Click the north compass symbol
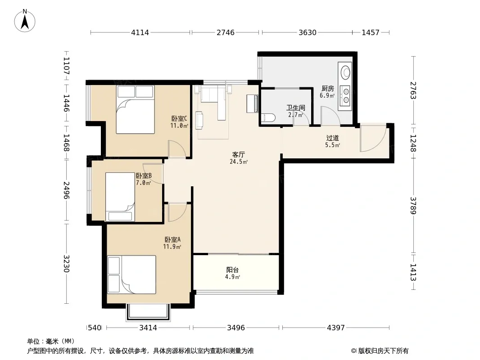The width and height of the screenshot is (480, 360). coord(25,21)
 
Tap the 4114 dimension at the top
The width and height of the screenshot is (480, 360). coord(140,32)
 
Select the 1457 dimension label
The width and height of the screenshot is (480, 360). coord(371,32)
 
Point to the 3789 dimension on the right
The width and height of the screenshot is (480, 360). coord(413,206)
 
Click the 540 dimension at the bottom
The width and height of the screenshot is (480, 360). coord(94,328)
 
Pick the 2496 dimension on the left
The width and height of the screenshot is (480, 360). coord(67,190)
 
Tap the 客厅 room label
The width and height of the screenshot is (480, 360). coord(239,154)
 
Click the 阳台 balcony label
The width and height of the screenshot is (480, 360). coord(232,270)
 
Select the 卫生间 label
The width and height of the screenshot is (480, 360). coord(295,108)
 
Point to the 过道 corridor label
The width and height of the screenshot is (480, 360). coord(332,138)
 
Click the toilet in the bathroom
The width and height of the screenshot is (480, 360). coord(268,118)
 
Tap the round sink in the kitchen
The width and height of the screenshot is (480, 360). coord(346,72)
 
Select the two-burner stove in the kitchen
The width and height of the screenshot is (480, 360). coord(346,95)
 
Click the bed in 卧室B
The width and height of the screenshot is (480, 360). coord(120,197)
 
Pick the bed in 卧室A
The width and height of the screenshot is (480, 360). coord(131,274)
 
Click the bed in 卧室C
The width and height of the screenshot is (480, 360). coord(135,109)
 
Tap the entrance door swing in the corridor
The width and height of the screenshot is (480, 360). coord(372,138)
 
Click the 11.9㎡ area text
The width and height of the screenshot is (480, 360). coord(172,247)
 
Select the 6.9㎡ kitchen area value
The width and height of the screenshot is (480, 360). coord(327,95)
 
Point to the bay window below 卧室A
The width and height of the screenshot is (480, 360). coord(148,312)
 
